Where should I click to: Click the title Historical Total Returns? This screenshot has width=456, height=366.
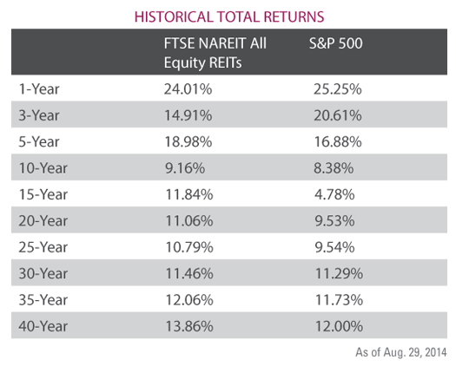229,16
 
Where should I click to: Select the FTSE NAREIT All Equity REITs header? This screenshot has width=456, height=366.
215,53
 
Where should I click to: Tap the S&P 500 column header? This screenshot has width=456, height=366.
336,43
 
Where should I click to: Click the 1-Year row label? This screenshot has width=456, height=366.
39,88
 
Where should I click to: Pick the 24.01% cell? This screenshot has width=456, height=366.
188,88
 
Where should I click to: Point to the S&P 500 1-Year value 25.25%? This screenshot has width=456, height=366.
338,88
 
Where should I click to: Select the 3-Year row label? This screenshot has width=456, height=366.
39,115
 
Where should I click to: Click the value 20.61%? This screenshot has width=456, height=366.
338,115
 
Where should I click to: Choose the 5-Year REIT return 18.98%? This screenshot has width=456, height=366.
188,141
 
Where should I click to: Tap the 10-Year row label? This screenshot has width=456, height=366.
43,168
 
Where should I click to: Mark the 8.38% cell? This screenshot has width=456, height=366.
334,168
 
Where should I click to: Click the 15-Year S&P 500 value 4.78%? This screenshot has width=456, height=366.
334,194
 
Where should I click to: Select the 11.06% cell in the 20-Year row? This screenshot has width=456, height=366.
189,221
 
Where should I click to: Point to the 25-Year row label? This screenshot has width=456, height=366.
43,247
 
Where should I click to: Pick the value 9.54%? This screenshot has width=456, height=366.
334,247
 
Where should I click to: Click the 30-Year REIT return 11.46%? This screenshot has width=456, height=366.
189,273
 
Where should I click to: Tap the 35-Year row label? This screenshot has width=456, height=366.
43,300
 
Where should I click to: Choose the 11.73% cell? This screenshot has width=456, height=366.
339,300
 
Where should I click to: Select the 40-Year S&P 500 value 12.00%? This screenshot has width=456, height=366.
339,326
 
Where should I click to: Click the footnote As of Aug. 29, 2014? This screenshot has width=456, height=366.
401,352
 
